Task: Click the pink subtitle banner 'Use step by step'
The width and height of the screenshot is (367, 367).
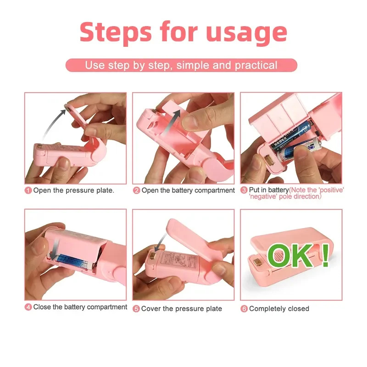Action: click(x=181, y=65)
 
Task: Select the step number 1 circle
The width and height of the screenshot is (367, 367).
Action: click(x=28, y=190)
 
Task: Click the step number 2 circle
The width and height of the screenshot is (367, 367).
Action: click(x=136, y=190)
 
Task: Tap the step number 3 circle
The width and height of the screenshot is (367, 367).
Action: click(x=244, y=190)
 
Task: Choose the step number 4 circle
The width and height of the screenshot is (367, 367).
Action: click(x=28, y=307)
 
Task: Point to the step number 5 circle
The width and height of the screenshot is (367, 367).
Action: click(x=136, y=309)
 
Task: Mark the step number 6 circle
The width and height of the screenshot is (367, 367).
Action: click(x=244, y=309)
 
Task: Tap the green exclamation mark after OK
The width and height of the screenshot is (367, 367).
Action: click(x=325, y=256)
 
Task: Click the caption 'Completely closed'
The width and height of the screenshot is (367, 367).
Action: click(x=279, y=309)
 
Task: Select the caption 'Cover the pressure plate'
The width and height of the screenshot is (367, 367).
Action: click(x=182, y=309)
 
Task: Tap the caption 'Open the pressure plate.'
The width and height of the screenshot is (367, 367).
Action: click(x=74, y=190)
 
